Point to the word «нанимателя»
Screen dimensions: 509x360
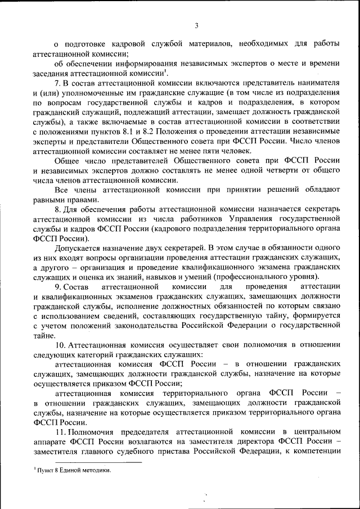pos(316,83)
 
